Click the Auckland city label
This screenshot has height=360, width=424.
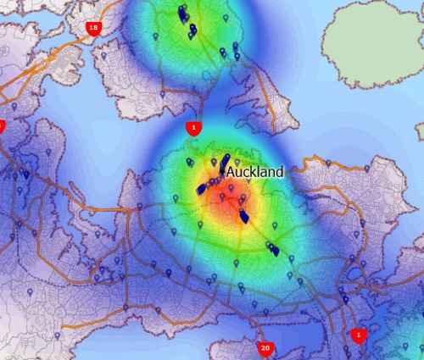pyautogui.click(x=254, y=171)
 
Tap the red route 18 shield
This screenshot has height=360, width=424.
pyautogui.click(x=92, y=28)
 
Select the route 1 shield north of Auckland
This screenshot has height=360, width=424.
pyautogui.click(x=194, y=128)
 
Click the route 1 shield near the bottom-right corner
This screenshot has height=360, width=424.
pyautogui.click(x=359, y=335)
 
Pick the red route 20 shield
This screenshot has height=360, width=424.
pyautogui.click(x=265, y=348)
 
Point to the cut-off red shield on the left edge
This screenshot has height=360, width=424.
pyautogui.click(x=2, y=126)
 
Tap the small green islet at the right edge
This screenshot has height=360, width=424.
pyautogui.click(x=420, y=130)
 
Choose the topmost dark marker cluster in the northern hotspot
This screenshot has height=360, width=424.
pyautogui.click(x=182, y=14)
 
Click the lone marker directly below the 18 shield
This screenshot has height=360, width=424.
pyautogui.click(x=103, y=56)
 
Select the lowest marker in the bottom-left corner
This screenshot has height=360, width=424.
pyautogui.click(x=31, y=292)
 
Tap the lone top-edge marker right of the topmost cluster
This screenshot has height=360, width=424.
pyautogui.click(x=226, y=18)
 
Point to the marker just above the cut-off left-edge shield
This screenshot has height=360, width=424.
pyautogui.click(x=14, y=107)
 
